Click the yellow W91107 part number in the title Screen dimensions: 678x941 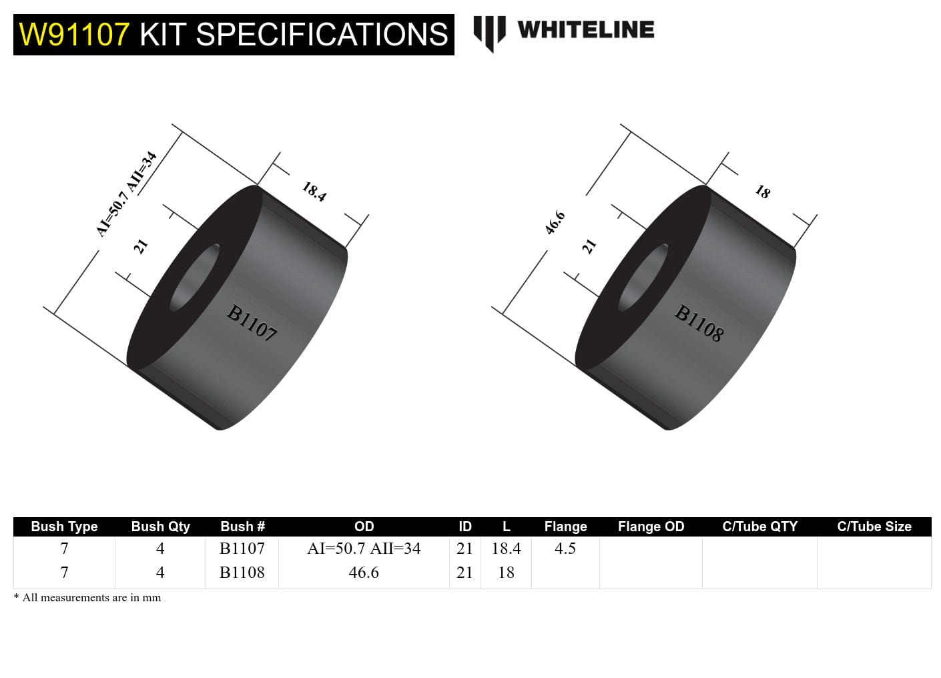pos(73,35)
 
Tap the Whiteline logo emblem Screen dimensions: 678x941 pos(489,33)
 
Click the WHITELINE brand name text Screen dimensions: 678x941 pos(585,30)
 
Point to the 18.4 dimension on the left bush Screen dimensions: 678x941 pos(314,192)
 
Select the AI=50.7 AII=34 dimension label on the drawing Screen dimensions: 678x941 pos(126,194)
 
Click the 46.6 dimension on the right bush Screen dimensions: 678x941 pos(555,223)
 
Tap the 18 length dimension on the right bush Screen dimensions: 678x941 pos(762,192)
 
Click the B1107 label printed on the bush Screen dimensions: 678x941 pos(252,323)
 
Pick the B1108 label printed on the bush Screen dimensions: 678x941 pos(699,323)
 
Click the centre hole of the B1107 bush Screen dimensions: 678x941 pos(195,277)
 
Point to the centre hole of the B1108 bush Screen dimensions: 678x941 pos(643,277)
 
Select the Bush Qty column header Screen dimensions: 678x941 pos(160,527)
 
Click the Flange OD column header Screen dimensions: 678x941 pos(651,527)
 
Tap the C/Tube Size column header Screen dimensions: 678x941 pos(874,527)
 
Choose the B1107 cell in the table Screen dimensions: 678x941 pos(242,549)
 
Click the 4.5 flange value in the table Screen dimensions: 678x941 pos(565,549)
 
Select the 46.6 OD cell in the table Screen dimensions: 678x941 pos(364,573)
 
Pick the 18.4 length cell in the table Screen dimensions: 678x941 pos(506,549)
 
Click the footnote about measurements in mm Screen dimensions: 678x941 pos(87,598)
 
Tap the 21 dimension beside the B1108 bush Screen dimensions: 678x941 pos(589,246)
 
